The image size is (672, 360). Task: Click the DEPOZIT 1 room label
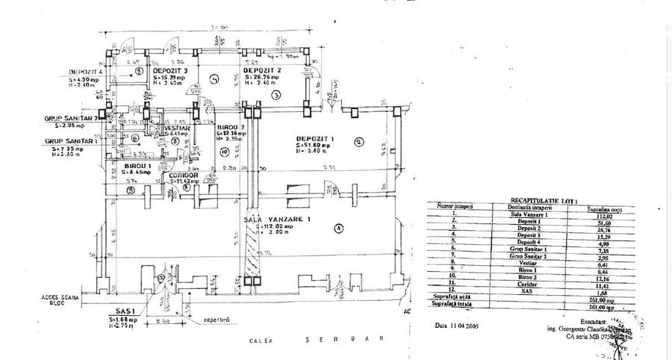pyautogui.click(x=313, y=139)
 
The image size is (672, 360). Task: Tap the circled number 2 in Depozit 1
pyautogui.click(x=358, y=142)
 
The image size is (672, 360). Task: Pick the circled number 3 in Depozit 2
pyautogui.click(x=276, y=95)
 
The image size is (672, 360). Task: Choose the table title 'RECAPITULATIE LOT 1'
pyautogui.click(x=535, y=201)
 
